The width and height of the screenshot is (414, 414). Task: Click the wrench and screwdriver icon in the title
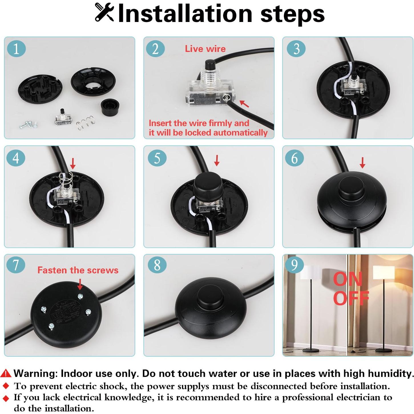click(x=104, y=13)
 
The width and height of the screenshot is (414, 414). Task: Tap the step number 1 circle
click(x=16, y=49)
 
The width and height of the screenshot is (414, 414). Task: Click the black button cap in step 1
click(x=110, y=106)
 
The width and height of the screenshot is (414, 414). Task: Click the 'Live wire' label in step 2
click(x=205, y=49)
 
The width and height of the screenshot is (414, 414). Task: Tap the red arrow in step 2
click(x=244, y=104)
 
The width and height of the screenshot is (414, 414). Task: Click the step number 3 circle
click(x=296, y=49)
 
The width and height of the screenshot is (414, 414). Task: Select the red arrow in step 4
click(x=73, y=163)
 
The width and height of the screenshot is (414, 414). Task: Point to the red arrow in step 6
click(x=362, y=163)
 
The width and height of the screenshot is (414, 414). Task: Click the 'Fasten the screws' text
click(x=78, y=270)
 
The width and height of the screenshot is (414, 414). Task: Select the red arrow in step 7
click(x=80, y=284)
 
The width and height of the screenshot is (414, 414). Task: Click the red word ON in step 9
click(x=348, y=279)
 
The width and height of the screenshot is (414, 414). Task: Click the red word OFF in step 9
click(x=351, y=298)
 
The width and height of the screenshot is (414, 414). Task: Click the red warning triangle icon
click(x=6, y=373)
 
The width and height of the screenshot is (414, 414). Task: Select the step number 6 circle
click(x=294, y=158)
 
